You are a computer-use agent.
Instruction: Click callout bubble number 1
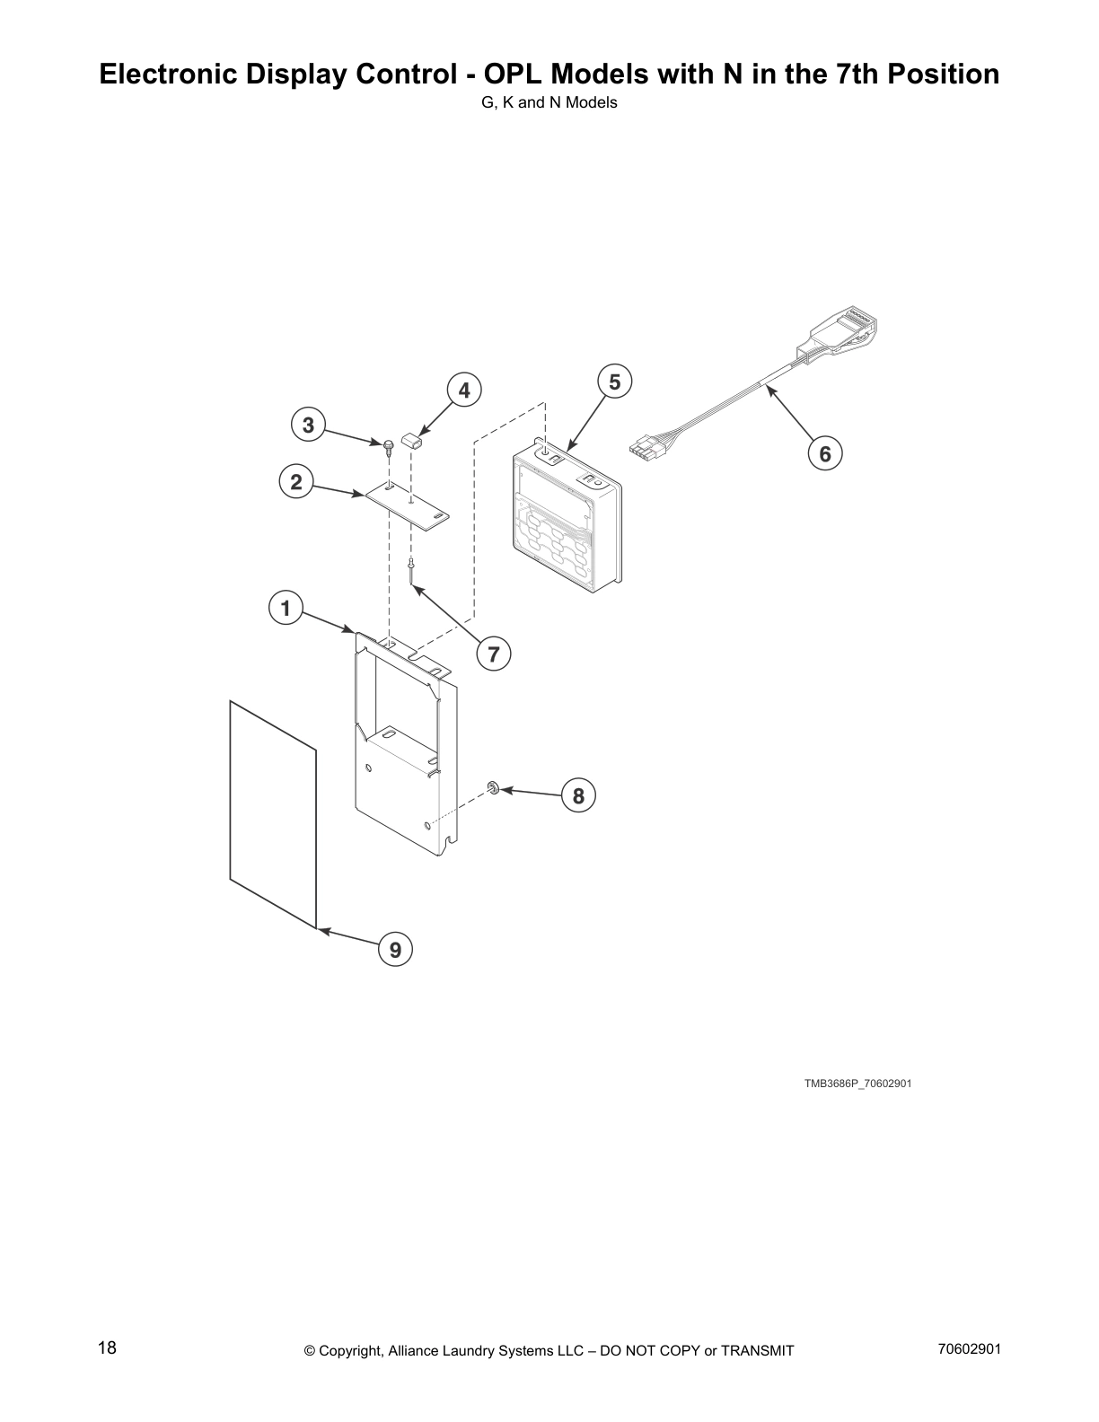coord(286,609)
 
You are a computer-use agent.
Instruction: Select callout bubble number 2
coord(295,482)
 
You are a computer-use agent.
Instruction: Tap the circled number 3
coord(308,425)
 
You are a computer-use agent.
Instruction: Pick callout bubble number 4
coord(464,391)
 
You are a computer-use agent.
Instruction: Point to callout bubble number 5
coord(614,382)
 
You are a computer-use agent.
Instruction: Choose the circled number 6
coord(825,454)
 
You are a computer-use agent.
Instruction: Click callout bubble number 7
coord(493,654)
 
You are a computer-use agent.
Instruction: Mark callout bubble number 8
coord(578,796)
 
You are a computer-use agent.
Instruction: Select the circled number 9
coord(396,949)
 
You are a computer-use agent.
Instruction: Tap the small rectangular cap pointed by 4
coord(413,442)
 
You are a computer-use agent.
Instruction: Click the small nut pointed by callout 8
coord(493,788)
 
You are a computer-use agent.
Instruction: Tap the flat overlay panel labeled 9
coord(272,812)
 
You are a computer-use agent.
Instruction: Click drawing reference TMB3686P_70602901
coord(857,1084)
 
